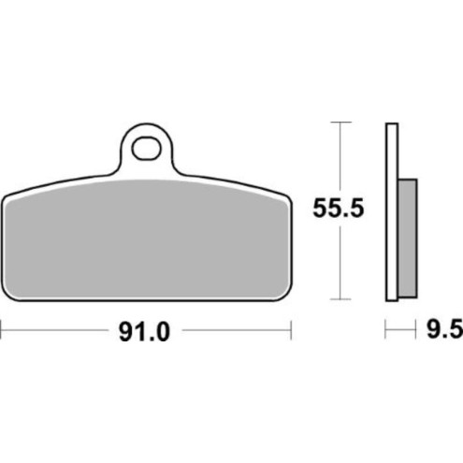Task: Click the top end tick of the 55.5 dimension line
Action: tap(340, 123)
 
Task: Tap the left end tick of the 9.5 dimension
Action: tap(385, 330)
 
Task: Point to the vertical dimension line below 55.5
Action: tap(340, 262)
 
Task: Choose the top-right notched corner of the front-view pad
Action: tap(285, 195)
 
